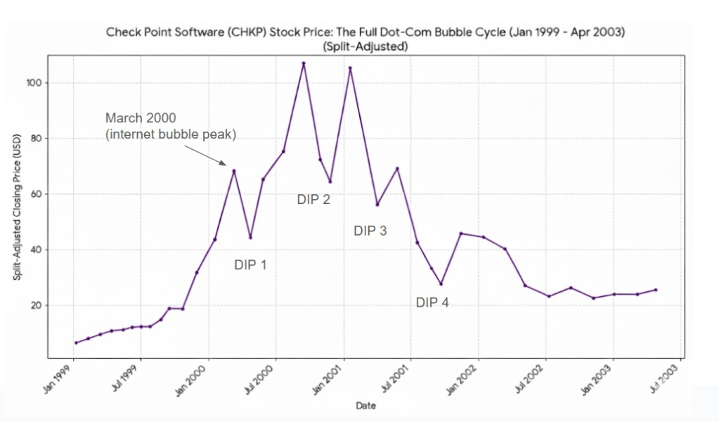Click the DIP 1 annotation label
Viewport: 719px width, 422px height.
point(250,265)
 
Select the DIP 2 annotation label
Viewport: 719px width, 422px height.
point(313,200)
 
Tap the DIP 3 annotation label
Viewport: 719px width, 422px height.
point(370,231)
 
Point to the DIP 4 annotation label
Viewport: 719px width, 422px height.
point(432,302)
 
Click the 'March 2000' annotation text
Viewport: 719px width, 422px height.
point(141,117)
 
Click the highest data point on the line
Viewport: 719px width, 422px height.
point(304,63)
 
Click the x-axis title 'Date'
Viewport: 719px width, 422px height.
point(365,406)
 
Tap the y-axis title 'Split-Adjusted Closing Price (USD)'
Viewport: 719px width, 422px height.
point(17,207)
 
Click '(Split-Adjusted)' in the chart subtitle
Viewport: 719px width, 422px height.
point(365,46)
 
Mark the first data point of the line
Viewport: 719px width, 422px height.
point(76,343)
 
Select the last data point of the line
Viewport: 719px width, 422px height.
point(656,289)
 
